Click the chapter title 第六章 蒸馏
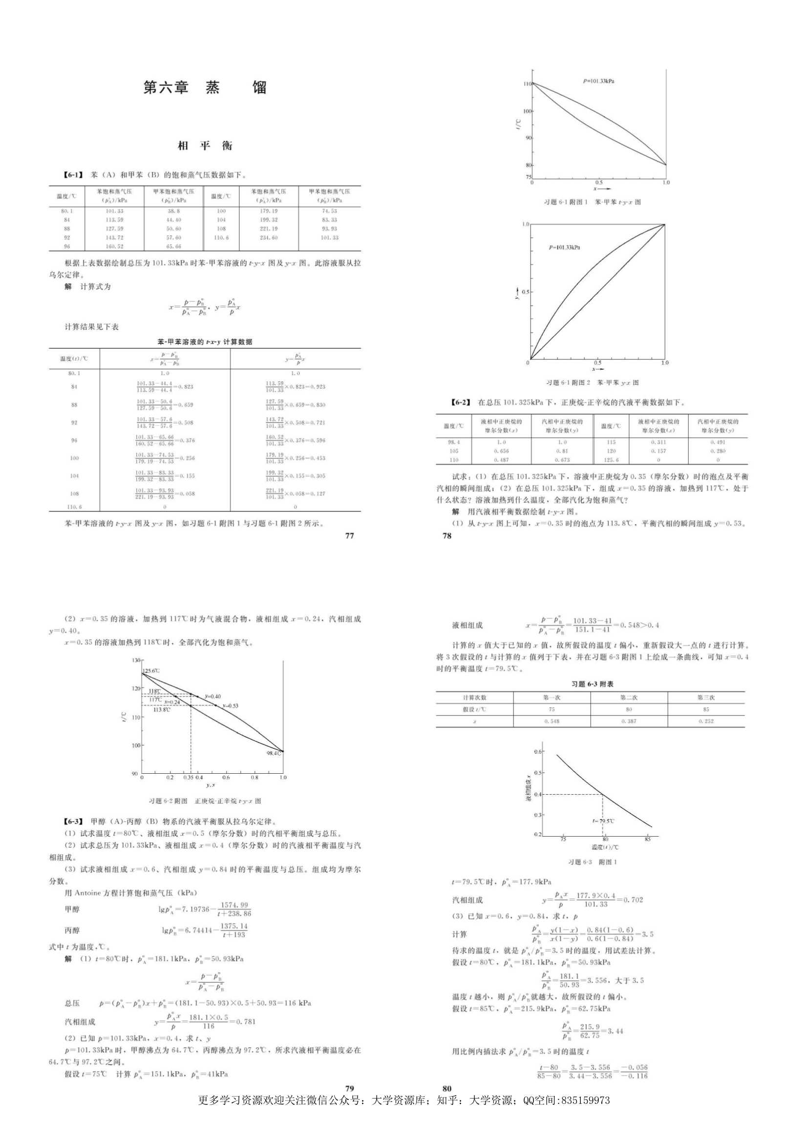[205, 87]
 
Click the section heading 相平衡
[205, 146]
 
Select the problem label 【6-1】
[72, 175]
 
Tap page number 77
[349, 536]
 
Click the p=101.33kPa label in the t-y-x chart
[598, 81]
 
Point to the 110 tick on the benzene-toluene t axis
[528, 84]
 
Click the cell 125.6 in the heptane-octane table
[611, 460]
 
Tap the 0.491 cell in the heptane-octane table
[718, 442]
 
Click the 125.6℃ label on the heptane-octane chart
[151, 671]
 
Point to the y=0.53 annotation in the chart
[230, 706]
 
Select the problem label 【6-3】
[72, 821]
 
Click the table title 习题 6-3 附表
[592, 684]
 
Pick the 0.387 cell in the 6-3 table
[628, 721]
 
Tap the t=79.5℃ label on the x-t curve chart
[603, 821]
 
